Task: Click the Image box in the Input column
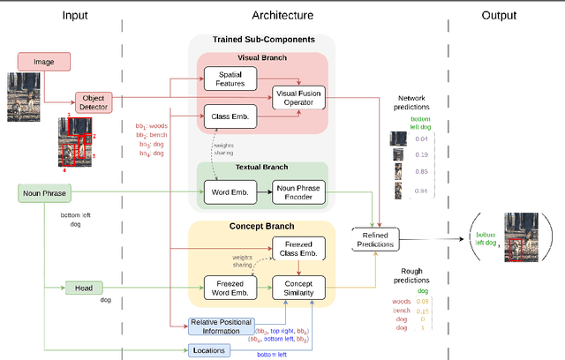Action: (x=42, y=62)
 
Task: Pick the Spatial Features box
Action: (x=230, y=79)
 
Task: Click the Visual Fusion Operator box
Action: (x=298, y=97)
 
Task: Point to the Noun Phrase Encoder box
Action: (x=299, y=191)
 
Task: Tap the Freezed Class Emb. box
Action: (x=298, y=249)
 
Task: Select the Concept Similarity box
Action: (x=298, y=288)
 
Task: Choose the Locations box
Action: (x=208, y=350)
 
